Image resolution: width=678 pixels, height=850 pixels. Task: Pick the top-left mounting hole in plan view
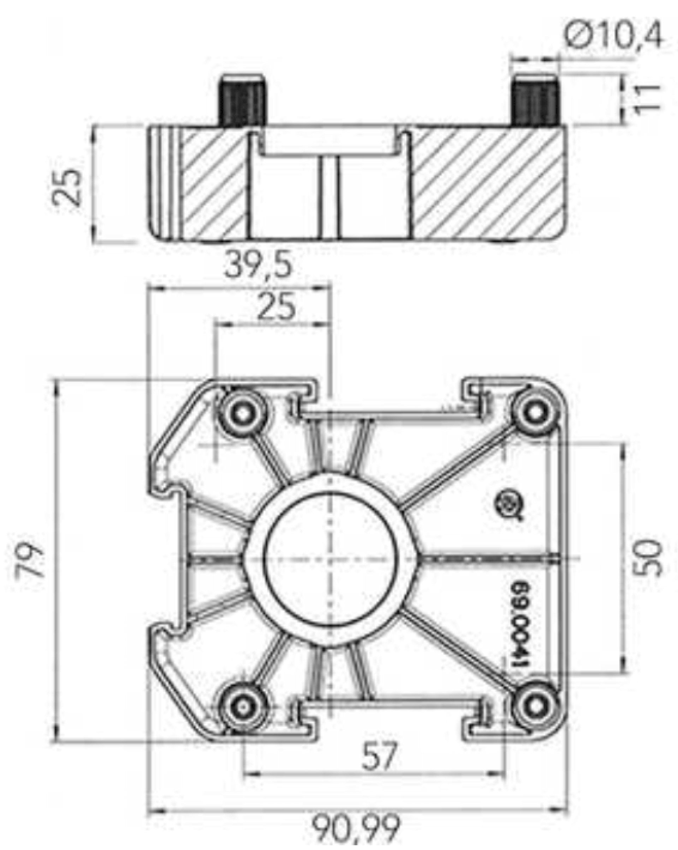pyautogui.click(x=242, y=414)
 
